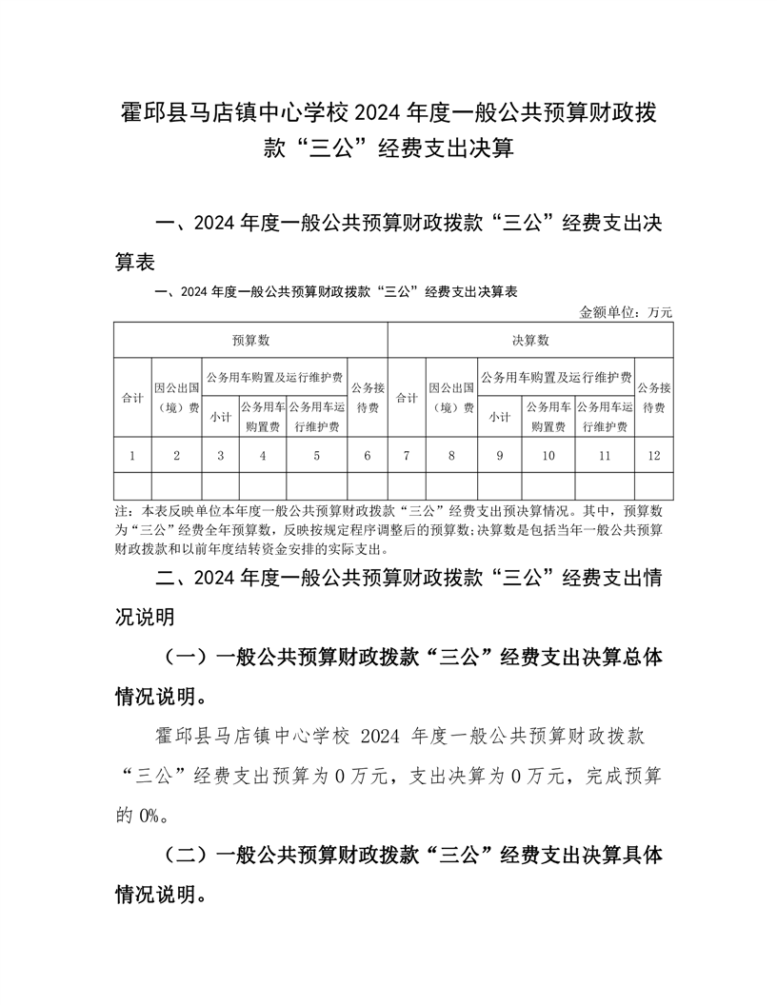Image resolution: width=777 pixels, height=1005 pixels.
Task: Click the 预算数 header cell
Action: (x=251, y=340)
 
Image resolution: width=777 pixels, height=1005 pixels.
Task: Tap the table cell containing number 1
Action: (x=132, y=456)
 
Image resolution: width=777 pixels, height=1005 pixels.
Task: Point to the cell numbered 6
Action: (x=368, y=456)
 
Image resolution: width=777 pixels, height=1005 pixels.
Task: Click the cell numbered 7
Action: (x=407, y=456)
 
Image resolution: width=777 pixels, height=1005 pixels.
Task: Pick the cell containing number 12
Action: (x=653, y=456)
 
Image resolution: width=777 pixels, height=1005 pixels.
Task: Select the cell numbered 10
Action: (x=548, y=456)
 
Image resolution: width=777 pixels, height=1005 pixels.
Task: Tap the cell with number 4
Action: (x=263, y=456)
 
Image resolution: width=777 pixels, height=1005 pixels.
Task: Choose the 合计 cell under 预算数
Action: (x=132, y=398)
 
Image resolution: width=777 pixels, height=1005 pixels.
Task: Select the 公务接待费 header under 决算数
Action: (x=653, y=398)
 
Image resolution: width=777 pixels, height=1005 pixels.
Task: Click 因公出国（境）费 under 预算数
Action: (x=177, y=398)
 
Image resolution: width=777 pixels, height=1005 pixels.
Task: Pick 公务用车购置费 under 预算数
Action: (x=263, y=417)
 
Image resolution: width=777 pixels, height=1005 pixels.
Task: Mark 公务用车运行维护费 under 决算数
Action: (x=604, y=417)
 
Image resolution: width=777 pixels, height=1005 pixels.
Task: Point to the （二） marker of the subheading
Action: (x=187, y=856)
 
